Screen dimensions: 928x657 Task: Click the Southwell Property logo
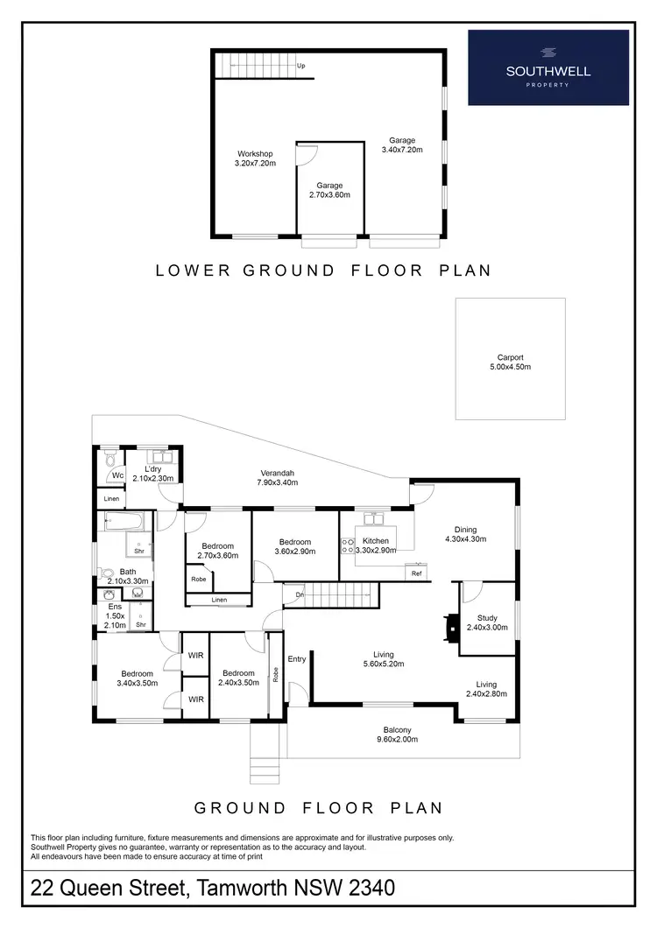pyautogui.click(x=548, y=67)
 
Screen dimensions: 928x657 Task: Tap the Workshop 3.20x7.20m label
pyautogui.click(x=255, y=158)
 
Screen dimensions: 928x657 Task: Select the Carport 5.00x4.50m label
pyautogui.click(x=510, y=362)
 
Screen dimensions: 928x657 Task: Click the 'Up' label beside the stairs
pyautogui.click(x=300, y=66)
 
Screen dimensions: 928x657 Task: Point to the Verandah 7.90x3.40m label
pyautogui.click(x=275, y=477)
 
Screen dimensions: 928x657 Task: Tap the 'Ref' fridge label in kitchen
pyautogui.click(x=417, y=574)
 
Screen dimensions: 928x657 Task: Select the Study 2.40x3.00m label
pyautogui.click(x=487, y=622)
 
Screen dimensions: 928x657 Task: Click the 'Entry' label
pyautogui.click(x=297, y=658)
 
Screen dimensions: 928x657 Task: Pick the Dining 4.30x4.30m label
pyautogui.click(x=465, y=533)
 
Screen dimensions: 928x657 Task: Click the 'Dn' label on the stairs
pyautogui.click(x=299, y=594)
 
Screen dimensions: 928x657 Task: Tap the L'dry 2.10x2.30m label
pyautogui.click(x=153, y=474)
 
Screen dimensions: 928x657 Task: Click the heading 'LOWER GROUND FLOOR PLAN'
pyautogui.click(x=323, y=271)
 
